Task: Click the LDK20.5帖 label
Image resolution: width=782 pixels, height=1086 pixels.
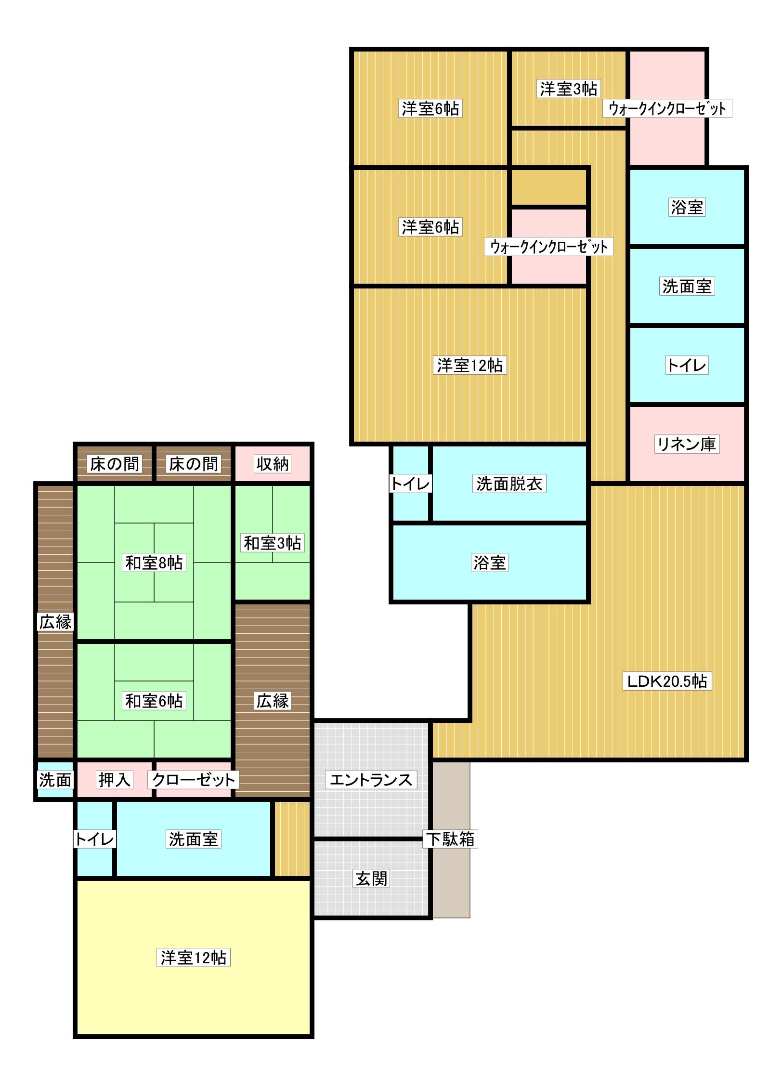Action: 666,681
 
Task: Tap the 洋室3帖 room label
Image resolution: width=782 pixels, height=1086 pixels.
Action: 568,89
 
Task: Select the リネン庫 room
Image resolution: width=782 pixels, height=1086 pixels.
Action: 686,444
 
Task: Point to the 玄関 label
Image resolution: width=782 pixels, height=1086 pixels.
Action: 371,879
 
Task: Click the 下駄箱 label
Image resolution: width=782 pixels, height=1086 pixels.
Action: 450,839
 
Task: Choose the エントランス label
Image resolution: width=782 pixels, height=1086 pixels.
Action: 371,780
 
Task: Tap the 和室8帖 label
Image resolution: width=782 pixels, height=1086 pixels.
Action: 154,563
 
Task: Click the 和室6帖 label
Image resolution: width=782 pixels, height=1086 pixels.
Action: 154,701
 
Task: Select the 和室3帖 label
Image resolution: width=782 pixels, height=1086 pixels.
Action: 272,543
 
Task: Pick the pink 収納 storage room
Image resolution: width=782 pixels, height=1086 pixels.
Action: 273,464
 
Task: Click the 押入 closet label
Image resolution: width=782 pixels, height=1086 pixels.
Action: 114,780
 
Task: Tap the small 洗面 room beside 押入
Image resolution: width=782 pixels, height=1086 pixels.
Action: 55,780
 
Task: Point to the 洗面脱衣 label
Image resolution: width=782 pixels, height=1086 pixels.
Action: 509,484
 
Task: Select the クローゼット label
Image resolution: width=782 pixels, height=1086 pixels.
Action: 194,780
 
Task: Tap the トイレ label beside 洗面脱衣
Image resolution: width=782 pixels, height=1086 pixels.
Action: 410,484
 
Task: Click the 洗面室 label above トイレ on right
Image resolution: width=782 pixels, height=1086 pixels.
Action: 686,287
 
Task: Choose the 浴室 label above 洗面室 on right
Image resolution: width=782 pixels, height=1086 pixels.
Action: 686,208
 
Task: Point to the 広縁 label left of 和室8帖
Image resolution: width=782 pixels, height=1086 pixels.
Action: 55,622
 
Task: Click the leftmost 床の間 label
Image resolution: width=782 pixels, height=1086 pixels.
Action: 114,464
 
